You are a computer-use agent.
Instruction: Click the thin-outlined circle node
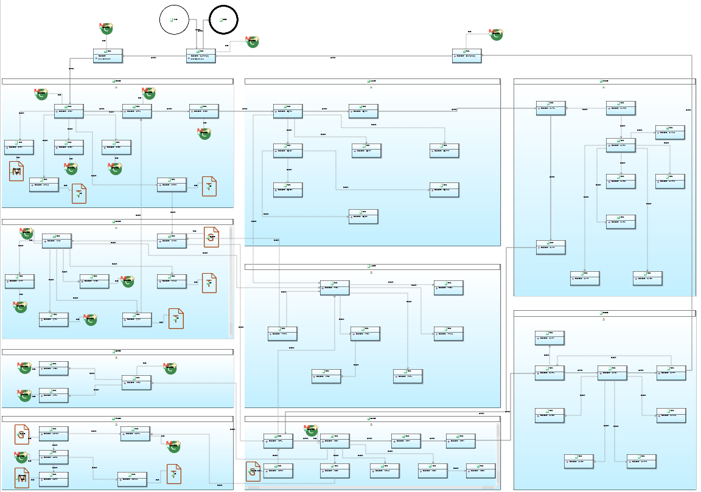(175, 20)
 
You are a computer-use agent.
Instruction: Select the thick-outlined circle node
(223, 20)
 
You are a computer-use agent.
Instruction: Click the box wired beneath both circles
(201, 56)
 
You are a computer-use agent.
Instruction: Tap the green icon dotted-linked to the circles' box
(251, 42)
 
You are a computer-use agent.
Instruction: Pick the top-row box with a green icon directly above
(108, 56)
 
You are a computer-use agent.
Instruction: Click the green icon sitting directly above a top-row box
(106, 28)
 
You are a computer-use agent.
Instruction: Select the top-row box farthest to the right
(467, 56)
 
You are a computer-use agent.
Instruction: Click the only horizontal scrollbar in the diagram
(371, 487)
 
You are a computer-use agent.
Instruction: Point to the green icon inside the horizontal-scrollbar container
(311, 430)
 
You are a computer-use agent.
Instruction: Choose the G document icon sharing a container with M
(23, 434)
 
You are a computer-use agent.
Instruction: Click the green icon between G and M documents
(22, 457)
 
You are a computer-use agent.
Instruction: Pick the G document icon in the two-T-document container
(211, 237)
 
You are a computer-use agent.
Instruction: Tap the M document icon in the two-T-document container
(17, 171)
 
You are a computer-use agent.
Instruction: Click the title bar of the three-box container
(117, 352)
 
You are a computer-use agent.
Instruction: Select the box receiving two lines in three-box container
(136, 381)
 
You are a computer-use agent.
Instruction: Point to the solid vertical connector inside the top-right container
(551, 177)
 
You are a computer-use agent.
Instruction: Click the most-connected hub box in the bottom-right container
(612, 373)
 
